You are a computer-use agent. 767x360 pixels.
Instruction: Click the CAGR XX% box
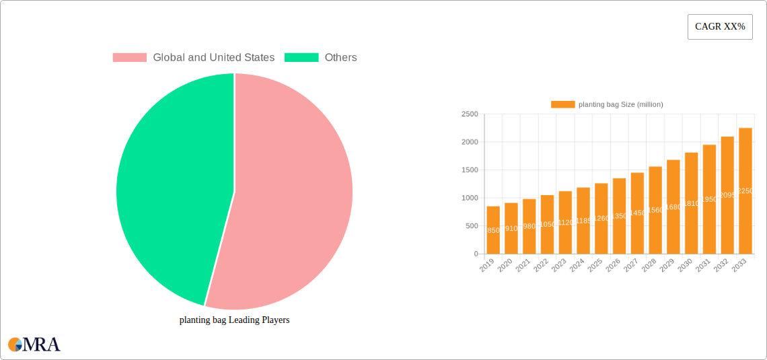(x=719, y=27)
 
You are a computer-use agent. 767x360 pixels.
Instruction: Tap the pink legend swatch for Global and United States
(x=129, y=58)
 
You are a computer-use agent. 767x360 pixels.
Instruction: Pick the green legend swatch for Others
(x=301, y=58)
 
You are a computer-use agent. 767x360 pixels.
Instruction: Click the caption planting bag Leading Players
(x=234, y=320)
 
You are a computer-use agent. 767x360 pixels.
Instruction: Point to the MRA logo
(x=34, y=344)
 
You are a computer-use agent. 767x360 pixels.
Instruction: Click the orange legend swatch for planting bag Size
(x=562, y=104)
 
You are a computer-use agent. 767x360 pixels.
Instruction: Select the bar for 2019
(x=493, y=230)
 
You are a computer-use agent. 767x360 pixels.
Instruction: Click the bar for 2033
(x=745, y=191)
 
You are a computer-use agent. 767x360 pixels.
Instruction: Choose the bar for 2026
(x=619, y=216)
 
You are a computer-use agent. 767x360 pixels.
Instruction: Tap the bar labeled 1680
(x=673, y=207)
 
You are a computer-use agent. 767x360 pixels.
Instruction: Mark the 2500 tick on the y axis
(x=470, y=114)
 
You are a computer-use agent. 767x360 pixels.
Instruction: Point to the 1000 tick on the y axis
(x=470, y=198)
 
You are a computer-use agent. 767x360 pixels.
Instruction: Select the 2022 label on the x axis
(x=541, y=266)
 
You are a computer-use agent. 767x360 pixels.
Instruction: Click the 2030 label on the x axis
(x=685, y=266)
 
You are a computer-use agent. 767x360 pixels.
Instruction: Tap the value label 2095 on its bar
(x=727, y=195)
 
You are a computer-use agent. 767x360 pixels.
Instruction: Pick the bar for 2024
(x=583, y=221)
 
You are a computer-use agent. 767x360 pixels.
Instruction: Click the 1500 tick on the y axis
(x=470, y=170)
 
